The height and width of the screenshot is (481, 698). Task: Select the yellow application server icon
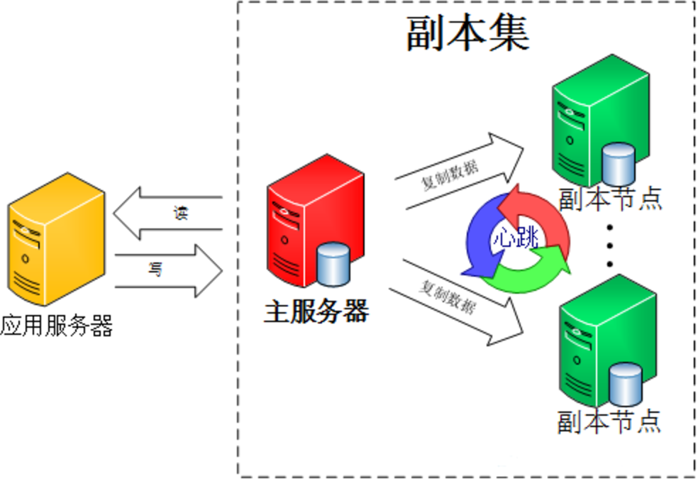57,239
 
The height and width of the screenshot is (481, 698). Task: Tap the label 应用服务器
57,326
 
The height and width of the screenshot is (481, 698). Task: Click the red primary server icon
315,221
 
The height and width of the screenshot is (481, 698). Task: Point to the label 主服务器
316,311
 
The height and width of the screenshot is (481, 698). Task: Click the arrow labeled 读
167,214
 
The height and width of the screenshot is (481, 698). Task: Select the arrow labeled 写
169,270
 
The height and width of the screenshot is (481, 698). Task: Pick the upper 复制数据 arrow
458,172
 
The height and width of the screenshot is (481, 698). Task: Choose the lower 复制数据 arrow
456,303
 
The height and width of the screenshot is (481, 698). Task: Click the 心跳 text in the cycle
516,238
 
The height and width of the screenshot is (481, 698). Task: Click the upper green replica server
601,121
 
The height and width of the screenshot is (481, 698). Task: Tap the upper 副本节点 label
610,199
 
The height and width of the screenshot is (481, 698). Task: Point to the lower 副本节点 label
609,421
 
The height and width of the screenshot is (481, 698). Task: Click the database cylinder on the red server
333,264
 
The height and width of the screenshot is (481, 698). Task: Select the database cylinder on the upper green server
619,164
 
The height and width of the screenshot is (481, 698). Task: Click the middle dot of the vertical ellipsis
610,245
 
